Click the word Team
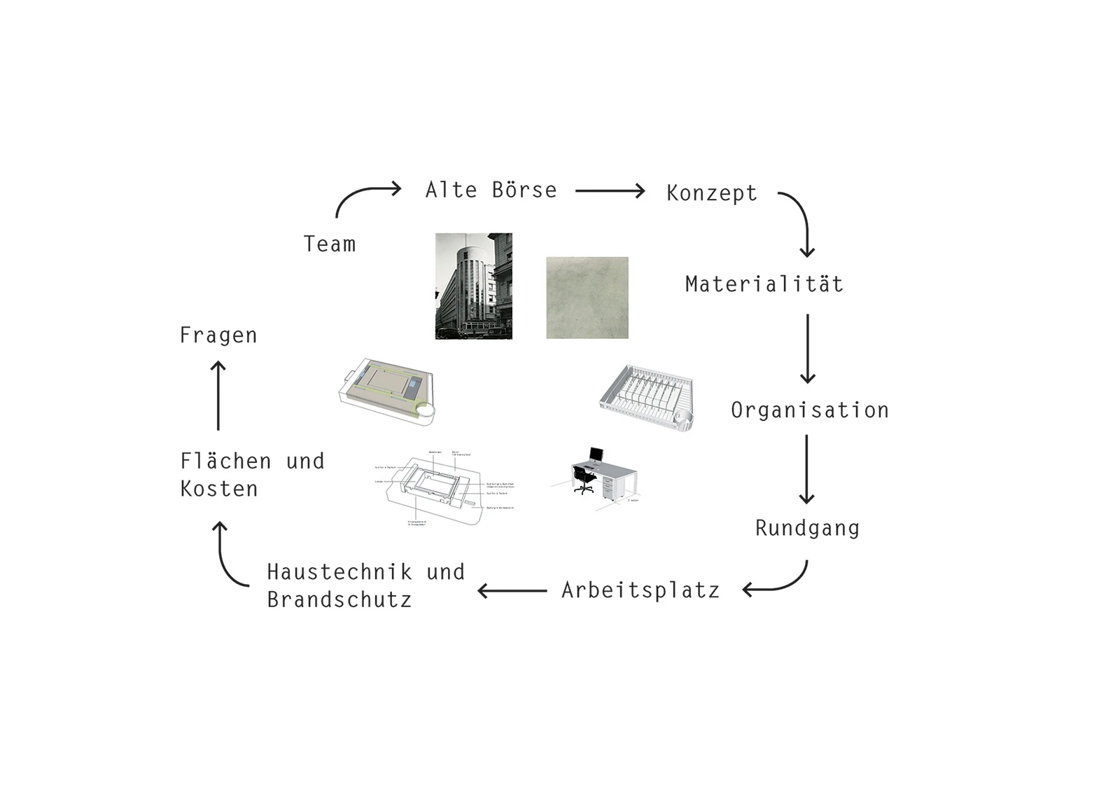pyautogui.click(x=330, y=244)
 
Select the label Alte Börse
pyautogui.click(x=491, y=190)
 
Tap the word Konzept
pyautogui.click(x=711, y=193)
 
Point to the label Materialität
pyautogui.click(x=764, y=284)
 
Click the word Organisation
pyautogui.click(x=809, y=410)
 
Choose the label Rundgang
pyautogui.click(x=807, y=528)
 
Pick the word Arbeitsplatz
pyautogui.click(x=640, y=591)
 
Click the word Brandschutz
pyautogui.click(x=339, y=600)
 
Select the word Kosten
pyautogui.click(x=219, y=489)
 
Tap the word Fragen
pyautogui.click(x=218, y=335)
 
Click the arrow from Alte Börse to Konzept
pyautogui.click(x=610, y=190)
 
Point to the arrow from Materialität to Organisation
pyautogui.click(x=807, y=348)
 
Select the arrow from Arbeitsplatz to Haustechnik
pyautogui.click(x=512, y=591)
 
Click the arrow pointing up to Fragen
pyautogui.click(x=218, y=396)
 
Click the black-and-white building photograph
pyautogui.click(x=474, y=286)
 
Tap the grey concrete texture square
pyautogui.click(x=587, y=298)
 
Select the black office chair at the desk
pyautogui.click(x=583, y=480)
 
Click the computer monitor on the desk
pyautogui.click(x=596, y=455)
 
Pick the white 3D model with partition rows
pyautogui.click(x=647, y=399)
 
